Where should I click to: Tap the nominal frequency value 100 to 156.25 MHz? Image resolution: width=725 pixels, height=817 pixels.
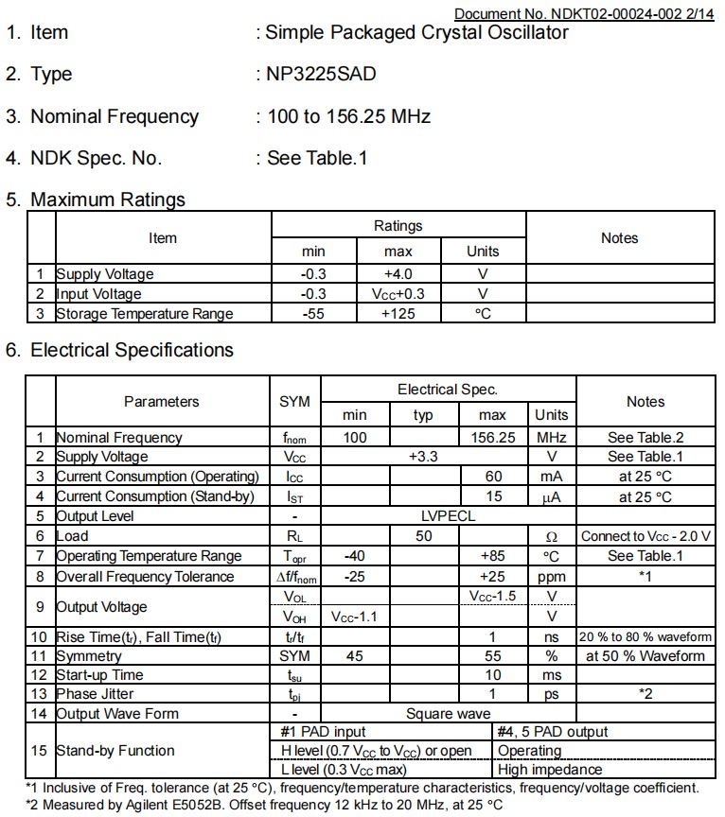point(349,116)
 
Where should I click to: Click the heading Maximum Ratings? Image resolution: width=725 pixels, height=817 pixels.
point(108,200)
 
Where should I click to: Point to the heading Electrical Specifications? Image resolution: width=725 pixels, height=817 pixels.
point(132,350)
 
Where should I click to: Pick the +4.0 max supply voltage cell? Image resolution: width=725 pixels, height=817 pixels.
point(398,273)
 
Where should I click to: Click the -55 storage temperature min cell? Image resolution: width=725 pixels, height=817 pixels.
point(313,313)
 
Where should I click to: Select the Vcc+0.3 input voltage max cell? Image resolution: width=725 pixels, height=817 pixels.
point(398,293)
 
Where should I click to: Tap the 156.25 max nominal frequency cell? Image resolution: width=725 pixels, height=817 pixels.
point(492,437)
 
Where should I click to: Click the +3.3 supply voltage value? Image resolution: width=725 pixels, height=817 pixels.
point(423,457)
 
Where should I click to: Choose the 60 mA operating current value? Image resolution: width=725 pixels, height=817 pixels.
point(492,477)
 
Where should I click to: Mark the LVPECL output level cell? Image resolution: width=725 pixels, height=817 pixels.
point(448,516)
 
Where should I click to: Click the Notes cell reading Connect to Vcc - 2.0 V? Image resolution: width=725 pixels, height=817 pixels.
point(645,536)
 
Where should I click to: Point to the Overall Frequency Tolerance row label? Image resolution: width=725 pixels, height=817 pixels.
point(145,576)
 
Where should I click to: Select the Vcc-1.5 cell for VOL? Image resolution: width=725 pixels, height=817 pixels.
point(492,596)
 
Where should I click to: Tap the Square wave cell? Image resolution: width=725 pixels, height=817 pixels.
point(448,714)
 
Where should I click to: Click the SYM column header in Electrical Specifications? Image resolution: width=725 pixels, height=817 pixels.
point(294,402)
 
